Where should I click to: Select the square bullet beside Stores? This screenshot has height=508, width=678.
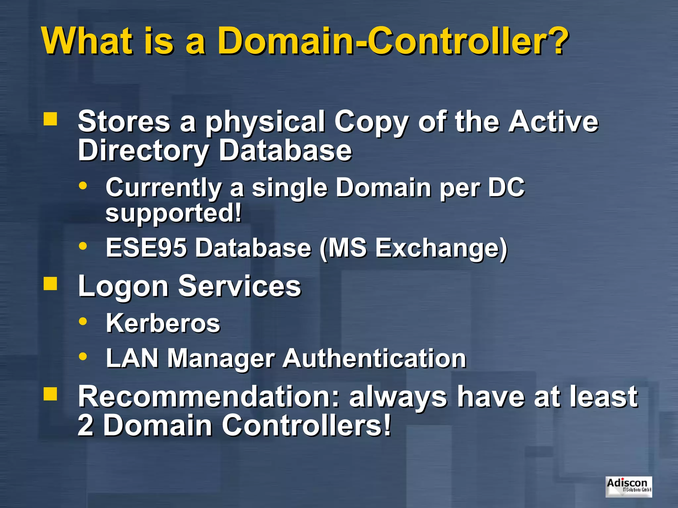pos(50,119)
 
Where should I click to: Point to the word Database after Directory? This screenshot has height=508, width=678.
pos(285,150)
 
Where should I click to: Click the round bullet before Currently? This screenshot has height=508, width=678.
pos(83,186)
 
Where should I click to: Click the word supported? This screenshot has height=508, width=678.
pos(173,213)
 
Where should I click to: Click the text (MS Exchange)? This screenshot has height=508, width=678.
pos(413,248)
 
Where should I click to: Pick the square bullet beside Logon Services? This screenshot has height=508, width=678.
pos(50,283)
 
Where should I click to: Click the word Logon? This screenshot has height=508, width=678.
pos(123,286)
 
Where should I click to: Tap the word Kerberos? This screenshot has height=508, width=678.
pos(163,323)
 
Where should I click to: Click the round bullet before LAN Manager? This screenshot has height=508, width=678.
pos(83,357)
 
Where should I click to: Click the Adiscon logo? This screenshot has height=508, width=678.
pos(628,487)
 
